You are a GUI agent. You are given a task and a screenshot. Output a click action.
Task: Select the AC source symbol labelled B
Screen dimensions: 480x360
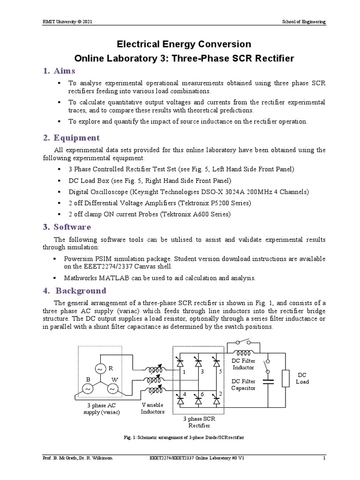point(87,389)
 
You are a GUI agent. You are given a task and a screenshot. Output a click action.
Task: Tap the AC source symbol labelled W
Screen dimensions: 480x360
point(112,389)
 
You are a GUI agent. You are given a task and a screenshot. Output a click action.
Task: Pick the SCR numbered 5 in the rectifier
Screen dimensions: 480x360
point(216,362)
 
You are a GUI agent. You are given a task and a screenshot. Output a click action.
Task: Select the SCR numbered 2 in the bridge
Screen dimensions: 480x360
point(216,401)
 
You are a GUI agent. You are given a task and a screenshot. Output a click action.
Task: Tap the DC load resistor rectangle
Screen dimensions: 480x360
point(285,379)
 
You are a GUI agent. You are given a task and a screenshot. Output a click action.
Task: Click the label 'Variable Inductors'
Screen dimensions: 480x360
point(153,408)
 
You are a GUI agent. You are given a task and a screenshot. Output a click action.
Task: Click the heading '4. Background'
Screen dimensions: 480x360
point(75,290)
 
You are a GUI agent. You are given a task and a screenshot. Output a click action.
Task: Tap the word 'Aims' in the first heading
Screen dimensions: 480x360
point(65,71)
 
